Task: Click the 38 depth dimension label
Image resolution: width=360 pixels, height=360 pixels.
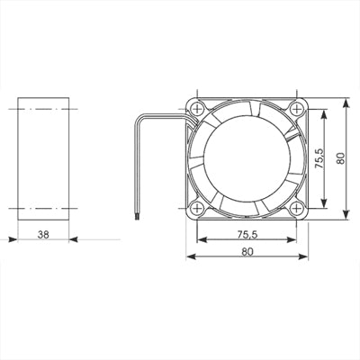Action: click(x=43, y=234)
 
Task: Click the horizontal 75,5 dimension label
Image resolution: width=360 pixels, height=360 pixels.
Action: click(x=247, y=235)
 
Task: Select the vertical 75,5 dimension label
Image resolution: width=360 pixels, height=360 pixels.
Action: click(x=319, y=158)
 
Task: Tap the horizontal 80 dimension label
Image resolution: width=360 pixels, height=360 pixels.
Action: click(x=247, y=251)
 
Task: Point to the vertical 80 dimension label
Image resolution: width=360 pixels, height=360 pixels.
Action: click(x=340, y=158)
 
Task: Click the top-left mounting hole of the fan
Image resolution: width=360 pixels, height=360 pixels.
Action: click(x=197, y=109)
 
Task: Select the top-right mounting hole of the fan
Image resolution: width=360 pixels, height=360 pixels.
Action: click(x=296, y=109)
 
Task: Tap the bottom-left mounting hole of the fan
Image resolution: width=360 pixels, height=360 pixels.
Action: click(x=197, y=208)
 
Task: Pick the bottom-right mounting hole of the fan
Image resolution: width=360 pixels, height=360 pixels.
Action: click(x=296, y=208)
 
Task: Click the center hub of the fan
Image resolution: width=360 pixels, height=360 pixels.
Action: click(x=247, y=158)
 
